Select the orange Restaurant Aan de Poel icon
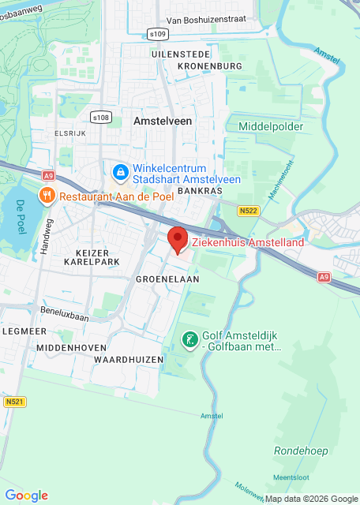tap(48, 195)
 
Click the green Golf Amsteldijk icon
tap(189, 340)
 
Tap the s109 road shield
tap(158, 34)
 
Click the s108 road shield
tap(100, 118)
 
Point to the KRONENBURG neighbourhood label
tap(202, 66)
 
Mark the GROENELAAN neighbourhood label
tap(167, 279)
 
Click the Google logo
tap(26, 495)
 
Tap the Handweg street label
tap(47, 236)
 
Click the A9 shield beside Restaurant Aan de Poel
tap(50, 175)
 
